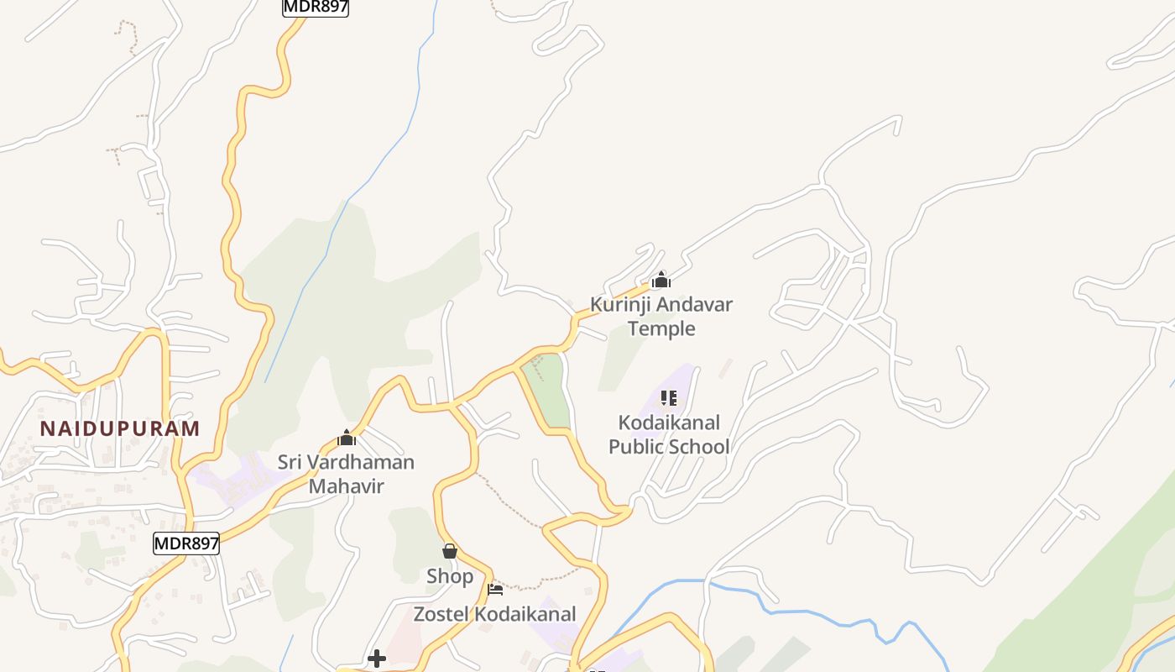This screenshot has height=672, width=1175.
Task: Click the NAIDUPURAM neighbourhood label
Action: pos(120,428)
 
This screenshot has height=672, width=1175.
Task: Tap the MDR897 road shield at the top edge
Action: pos(316,8)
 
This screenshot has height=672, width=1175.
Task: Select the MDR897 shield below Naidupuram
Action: pos(186,543)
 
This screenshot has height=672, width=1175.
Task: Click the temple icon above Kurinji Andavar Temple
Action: pos(661,280)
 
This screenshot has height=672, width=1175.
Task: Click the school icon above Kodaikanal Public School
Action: pos(669,397)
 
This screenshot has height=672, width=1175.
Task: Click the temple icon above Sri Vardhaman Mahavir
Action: pos(347,438)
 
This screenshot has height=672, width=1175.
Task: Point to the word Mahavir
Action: pos(347,486)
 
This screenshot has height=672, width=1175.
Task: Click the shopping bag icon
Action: pos(450,551)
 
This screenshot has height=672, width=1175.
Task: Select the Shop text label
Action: pos(450,577)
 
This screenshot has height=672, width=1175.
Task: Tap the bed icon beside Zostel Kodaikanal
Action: pos(495,590)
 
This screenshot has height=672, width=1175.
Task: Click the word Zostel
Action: pos(442,614)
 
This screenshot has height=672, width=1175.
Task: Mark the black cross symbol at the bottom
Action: pos(377,658)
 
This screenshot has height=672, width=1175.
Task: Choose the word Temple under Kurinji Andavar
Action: pos(661,328)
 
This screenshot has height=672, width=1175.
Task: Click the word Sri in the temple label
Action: pos(292,463)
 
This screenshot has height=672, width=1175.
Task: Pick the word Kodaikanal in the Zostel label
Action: pos(525,614)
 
